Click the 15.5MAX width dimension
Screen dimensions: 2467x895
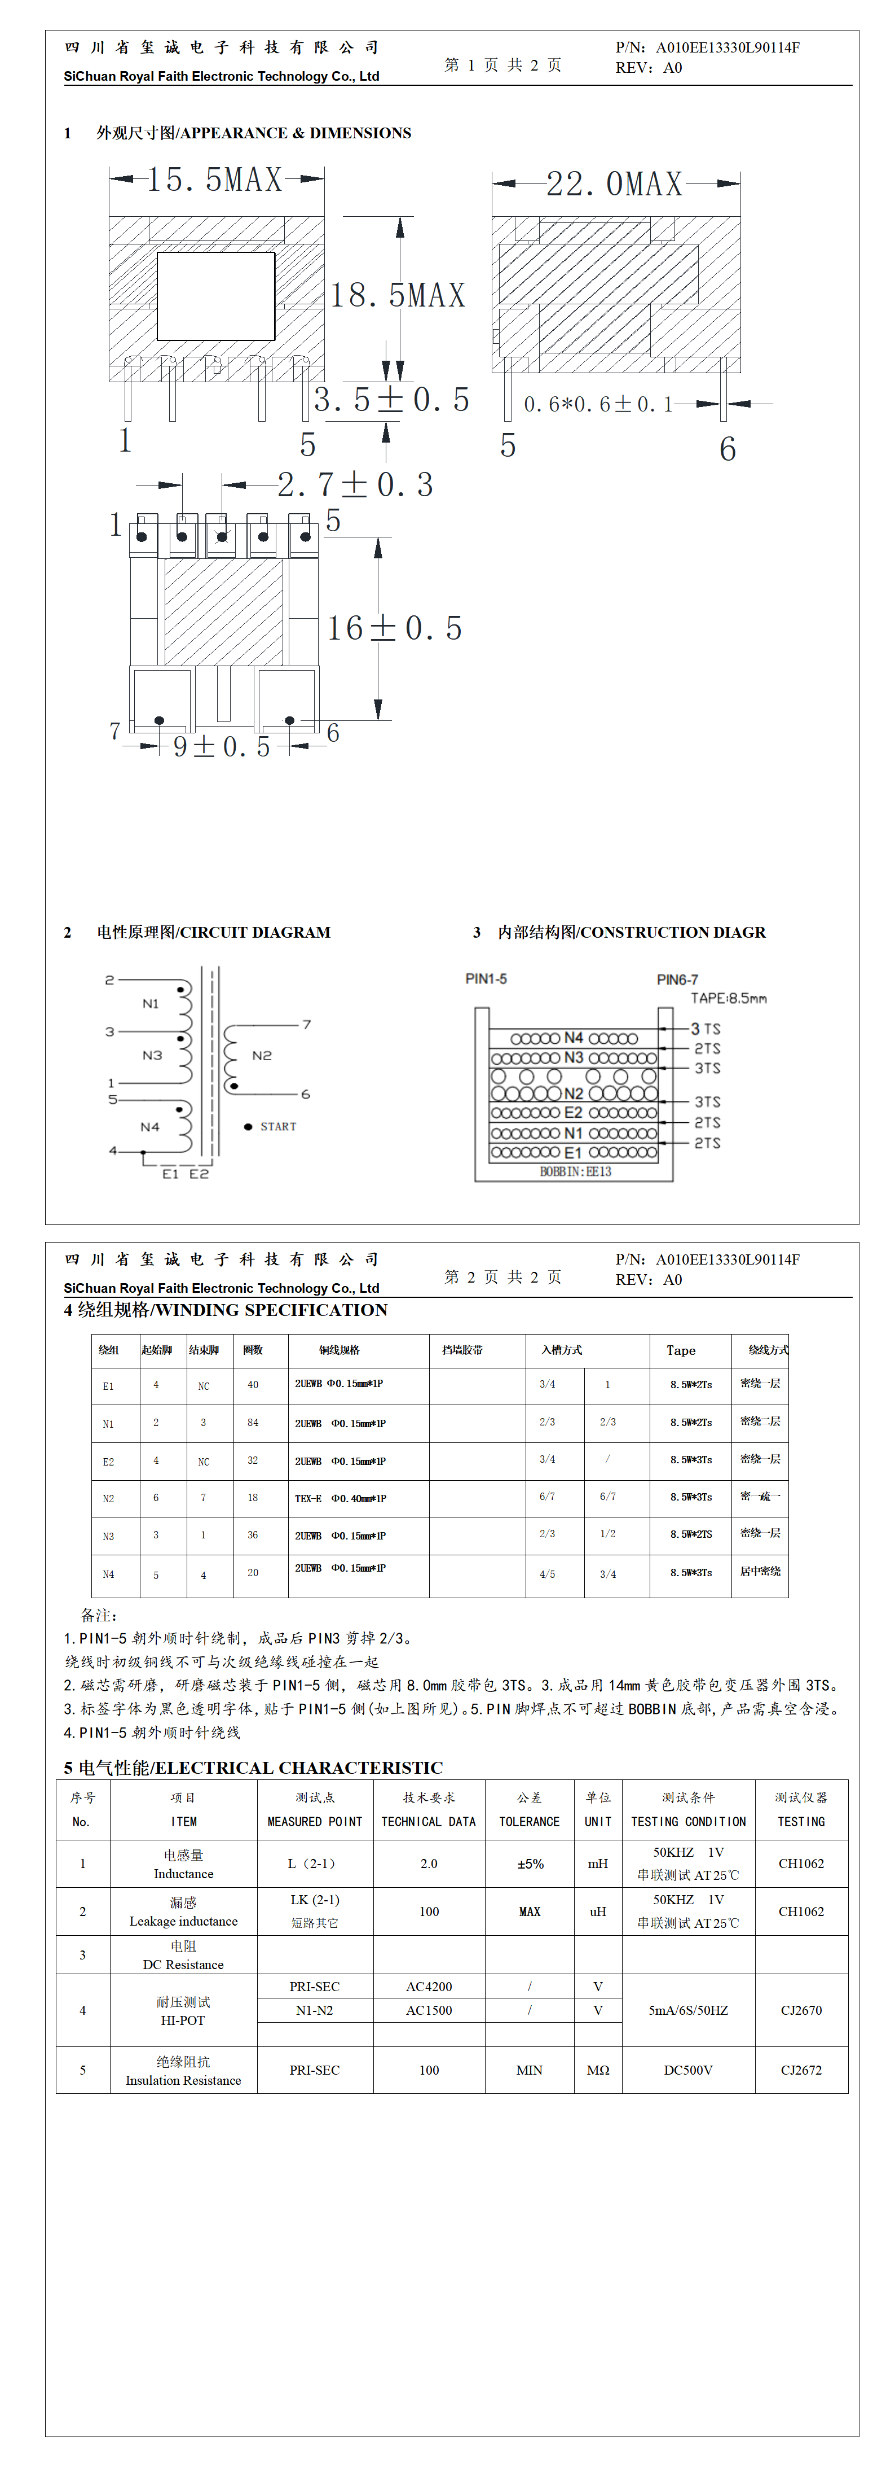click(214, 179)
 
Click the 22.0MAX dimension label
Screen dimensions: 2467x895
click(615, 184)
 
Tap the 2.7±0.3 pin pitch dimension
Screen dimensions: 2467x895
click(356, 484)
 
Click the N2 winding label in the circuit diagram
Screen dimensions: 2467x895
click(261, 1055)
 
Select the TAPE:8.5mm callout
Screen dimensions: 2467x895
click(729, 998)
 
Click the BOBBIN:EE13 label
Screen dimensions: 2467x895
click(575, 1171)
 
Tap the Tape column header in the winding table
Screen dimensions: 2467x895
click(681, 1350)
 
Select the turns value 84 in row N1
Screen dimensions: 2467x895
click(253, 1423)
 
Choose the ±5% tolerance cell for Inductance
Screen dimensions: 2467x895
click(530, 1864)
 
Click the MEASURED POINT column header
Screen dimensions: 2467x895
click(315, 1822)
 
